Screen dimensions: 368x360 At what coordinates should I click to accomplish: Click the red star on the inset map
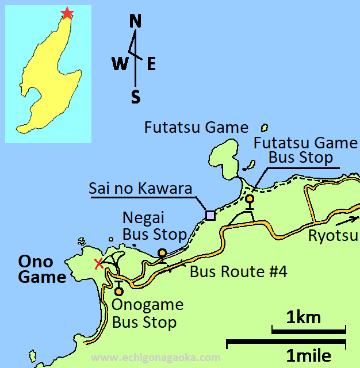[67, 13]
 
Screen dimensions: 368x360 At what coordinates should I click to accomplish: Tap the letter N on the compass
[136, 22]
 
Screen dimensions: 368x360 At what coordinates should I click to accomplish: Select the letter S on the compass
[136, 96]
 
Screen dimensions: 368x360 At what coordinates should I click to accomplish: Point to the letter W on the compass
[120, 64]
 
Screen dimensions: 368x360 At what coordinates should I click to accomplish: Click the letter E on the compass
[151, 64]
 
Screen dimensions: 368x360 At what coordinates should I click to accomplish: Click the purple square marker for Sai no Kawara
[210, 215]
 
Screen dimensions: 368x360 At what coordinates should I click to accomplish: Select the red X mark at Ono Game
[99, 264]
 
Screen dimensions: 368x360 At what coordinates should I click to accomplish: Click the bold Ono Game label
[42, 269]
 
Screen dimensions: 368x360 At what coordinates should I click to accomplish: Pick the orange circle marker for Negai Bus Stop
[162, 253]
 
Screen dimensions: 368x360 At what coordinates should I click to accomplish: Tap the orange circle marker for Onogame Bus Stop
[119, 291]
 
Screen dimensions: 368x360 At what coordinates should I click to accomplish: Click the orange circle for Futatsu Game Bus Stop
[250, 199]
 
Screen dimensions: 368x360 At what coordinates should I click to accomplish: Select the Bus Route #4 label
[238, 271]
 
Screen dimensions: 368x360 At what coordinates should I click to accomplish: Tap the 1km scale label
[304, 317]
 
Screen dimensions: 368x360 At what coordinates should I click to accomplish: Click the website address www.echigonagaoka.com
[155, 358]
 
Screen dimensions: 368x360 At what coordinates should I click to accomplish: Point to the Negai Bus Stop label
[155, 225]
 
